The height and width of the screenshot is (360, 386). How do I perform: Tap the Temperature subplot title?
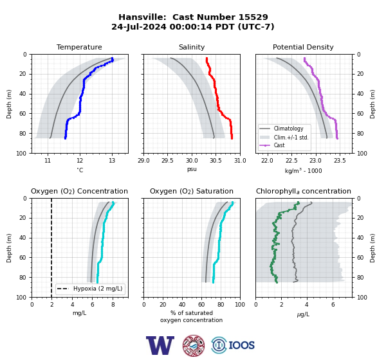(x=79, y=47)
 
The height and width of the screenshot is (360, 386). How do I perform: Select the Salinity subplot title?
(x=192, y=47)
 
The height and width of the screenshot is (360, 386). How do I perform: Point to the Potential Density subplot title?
(x=303, y=47)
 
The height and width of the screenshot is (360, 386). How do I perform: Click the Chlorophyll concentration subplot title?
(x=304, y=191)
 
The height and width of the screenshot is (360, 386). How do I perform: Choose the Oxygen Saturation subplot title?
(x=192, y=191)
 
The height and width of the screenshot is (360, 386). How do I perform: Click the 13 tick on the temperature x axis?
(x=112, y=161)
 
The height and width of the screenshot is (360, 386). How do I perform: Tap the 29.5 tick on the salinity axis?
(x=167, y=161)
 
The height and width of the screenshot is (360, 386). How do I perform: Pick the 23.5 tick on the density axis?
(x=340, y=161)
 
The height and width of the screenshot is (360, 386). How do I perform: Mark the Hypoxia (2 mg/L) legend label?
(x=98, y=289)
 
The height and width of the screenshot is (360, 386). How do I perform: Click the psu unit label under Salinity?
(x=192, y=169)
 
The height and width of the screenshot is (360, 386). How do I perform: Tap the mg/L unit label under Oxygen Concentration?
(x=79, y=313)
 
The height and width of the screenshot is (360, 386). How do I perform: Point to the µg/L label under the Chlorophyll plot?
(x=303, y=314)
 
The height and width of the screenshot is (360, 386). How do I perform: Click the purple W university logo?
(x=160, y=345)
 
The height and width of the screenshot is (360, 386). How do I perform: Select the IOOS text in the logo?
(x=241, y=345)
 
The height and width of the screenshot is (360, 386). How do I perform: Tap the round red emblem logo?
(x=194, y=345)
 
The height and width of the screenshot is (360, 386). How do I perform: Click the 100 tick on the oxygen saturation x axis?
(x=240, y=305)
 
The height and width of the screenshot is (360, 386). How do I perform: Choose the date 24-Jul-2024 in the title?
(x=139, y=26)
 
